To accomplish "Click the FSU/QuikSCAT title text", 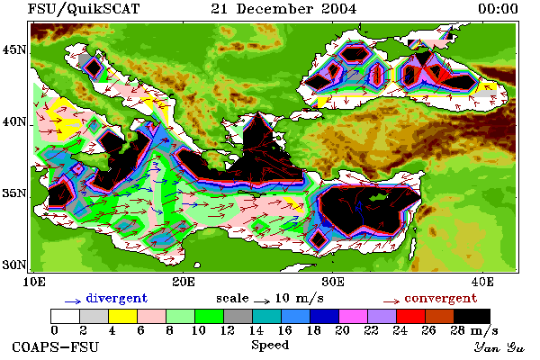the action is tap(84, 9).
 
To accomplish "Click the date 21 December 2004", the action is tap(283, 9).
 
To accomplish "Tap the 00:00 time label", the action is tap(498, 9).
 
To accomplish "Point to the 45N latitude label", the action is tap(14, 50).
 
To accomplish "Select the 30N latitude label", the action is tap(14, 265).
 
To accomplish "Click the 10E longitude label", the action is tap(34, 282).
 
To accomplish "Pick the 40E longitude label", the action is tap(482, 282).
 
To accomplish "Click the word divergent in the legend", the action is tap(117, 298).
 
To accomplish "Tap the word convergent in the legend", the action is tap(441, 298).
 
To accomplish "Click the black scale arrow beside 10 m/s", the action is tap(262, 301).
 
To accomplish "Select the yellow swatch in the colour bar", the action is tap(123, 316).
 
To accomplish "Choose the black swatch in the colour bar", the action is tap(472, 316).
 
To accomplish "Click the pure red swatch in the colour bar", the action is tap(411, 316).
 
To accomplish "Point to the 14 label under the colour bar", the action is tap(256, 330).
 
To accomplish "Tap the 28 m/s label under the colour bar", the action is tap(474, 331).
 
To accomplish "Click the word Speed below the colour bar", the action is tap(270, 346).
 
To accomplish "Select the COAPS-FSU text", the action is tap(56, 346).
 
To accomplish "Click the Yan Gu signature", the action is tap(499, 347).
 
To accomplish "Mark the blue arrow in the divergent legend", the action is tap(73, 301).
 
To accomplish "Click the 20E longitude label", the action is tap(184, 282).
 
